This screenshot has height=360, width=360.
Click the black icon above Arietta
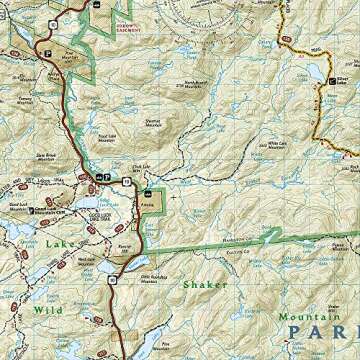click(148, 190)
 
